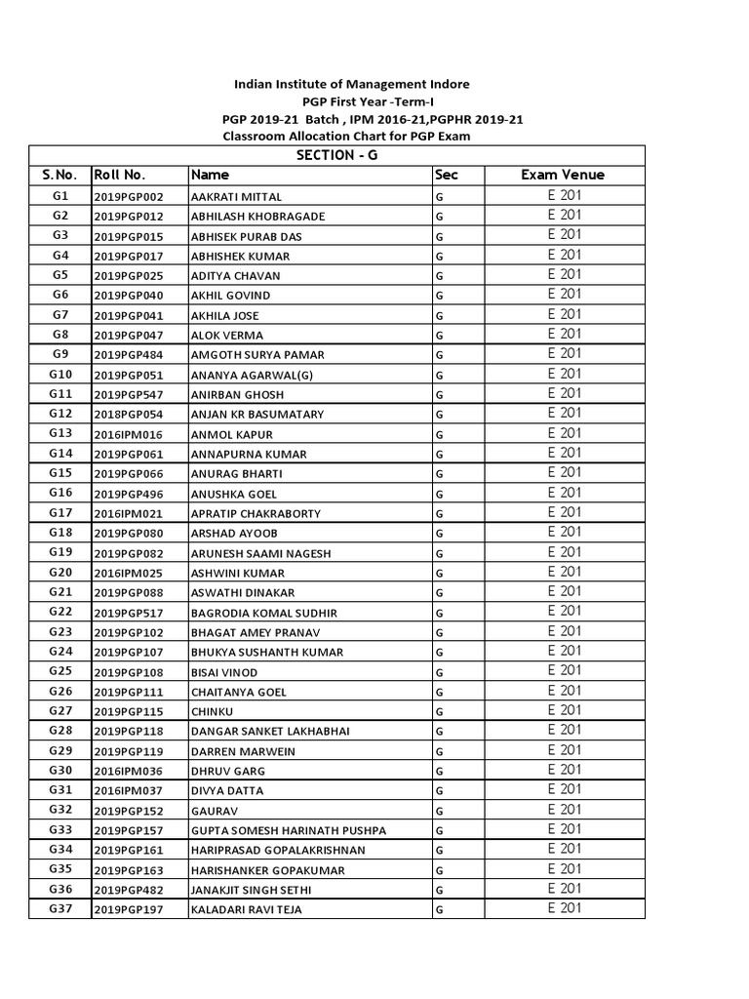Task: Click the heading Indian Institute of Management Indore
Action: (x=350, y=85)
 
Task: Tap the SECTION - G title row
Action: (x=336, y=155)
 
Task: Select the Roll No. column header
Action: (x=119, y=176)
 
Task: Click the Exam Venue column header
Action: (x=563, y=176)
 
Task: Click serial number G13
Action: (x=60, y=433)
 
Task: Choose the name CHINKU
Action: (x=214, y=712)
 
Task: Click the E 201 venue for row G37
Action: (x=564, y=908)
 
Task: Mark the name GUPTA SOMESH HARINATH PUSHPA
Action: (x=289, y=831)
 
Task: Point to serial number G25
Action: (x=60, y=671)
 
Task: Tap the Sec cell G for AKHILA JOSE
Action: (x=440, y=316)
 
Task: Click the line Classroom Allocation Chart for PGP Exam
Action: (x=346, y=136)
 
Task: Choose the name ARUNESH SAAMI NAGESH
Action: (x=261, y=554)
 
